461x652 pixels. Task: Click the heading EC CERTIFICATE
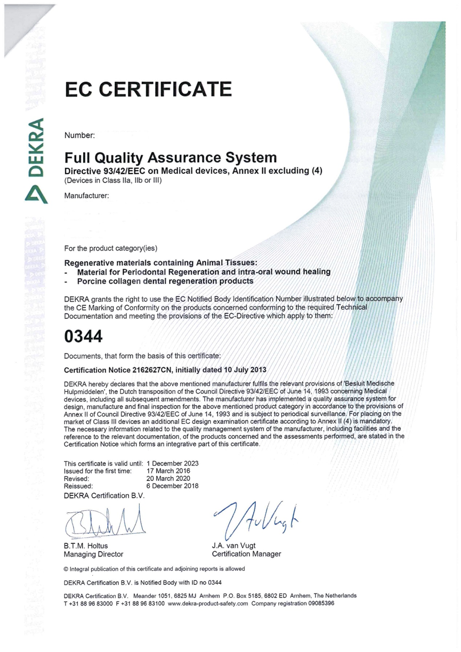148,88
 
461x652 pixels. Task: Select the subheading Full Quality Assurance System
171,158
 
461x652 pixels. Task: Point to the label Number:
79,135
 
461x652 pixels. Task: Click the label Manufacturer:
86,196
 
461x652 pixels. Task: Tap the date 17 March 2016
168,471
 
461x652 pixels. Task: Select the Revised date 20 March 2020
168,478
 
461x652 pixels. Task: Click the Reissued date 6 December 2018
172,486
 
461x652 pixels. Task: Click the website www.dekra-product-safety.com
208,603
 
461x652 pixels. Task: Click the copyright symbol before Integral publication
66,569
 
